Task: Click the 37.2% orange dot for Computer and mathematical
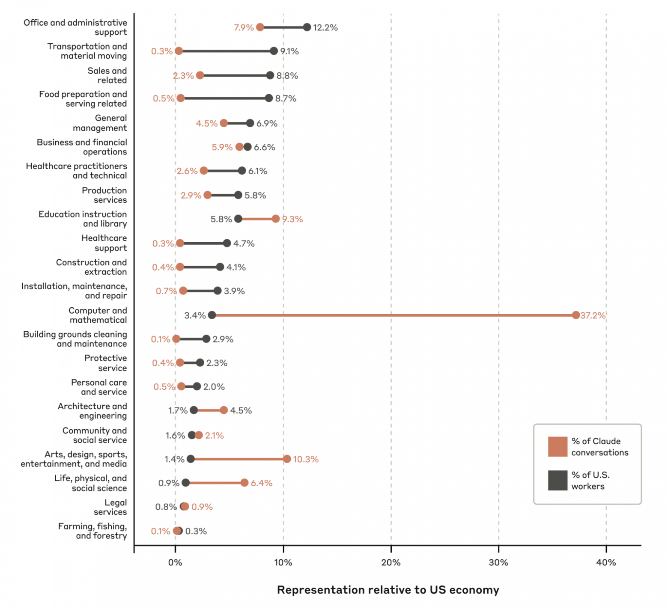(576, 315)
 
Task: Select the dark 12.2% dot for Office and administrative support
(307, 27)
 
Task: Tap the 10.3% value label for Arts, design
(306, 459)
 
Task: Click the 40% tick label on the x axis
(606, 562)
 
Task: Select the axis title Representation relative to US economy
(388, 590)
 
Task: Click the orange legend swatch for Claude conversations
(557, 446)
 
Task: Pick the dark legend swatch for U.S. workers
(557, 480)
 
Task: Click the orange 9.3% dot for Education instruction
(275, 219)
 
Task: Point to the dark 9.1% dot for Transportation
(274, 51)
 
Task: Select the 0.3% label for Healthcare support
(163, 244)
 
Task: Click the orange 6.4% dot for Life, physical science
(244, 483)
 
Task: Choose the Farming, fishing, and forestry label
(92, 531)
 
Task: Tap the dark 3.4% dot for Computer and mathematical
(212, 315)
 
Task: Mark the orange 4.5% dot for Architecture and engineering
(224, 410)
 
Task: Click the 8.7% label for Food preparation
(286, 98)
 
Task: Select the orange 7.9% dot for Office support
(260, 27)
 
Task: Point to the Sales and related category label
(107, 75)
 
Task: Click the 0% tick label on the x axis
(175, 562)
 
